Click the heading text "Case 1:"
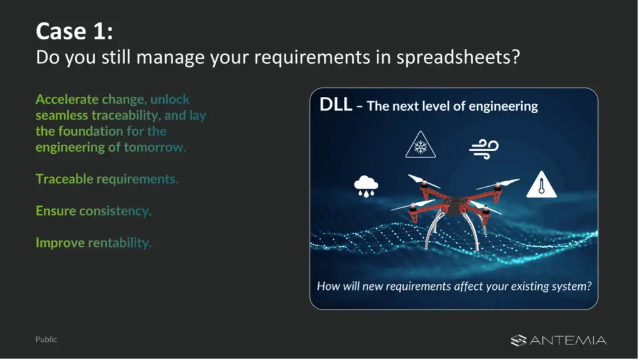(74, 31)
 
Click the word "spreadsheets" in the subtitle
(458, 57)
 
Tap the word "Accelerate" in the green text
(67, 99)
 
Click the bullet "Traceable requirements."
(107, 179)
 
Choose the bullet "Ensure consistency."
(94, 211)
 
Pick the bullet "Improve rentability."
(94, 242)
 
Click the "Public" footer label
(46, 339)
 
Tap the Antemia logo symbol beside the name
(518, 341)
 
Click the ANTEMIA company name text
(568, 341)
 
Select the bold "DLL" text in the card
(336, 104)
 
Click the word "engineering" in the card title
(503, 106)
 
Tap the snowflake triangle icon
(421, 145)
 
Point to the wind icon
(484, 149)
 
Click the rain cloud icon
(366, 186)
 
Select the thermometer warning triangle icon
(542, 185)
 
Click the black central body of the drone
(454, 204)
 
